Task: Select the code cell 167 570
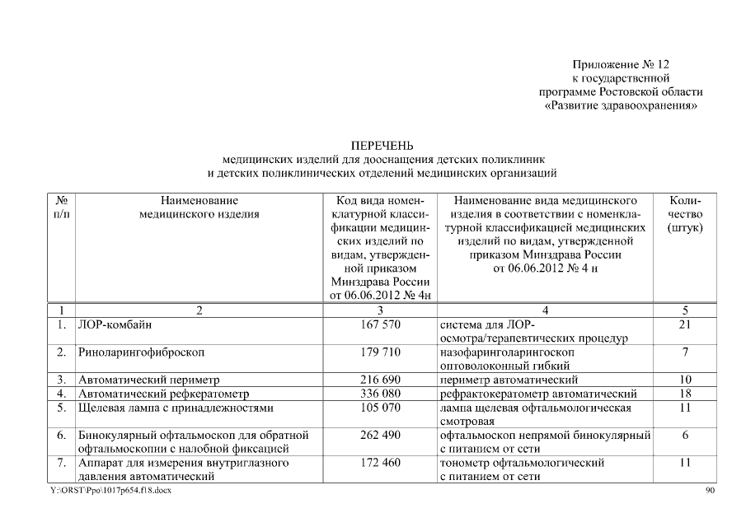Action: (380, 324)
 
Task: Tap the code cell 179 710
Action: (380, 352)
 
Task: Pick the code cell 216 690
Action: (380, 380)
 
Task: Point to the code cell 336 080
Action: (380, 394)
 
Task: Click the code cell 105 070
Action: (380, 408)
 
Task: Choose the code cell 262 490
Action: (380, 435)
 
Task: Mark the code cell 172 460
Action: (380, 463)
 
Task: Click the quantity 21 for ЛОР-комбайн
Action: (684, 324)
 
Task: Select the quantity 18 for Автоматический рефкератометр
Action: (684, 394)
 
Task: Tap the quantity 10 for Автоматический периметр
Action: (684, 380)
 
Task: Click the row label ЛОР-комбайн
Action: (115, 324)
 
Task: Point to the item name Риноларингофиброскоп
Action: (141, 352)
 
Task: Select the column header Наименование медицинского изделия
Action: (199, 208)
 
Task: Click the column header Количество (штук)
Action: (684, 214)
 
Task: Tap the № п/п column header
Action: (61, 208)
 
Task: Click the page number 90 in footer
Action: (711, 491)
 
